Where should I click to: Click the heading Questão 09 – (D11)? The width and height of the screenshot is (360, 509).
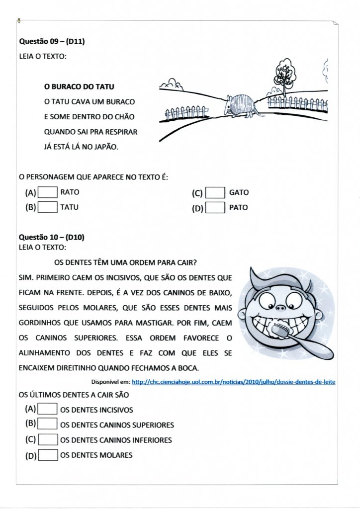52,42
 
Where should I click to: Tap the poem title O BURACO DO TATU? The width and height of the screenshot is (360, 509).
79,87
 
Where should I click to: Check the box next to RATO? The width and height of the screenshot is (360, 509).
48,192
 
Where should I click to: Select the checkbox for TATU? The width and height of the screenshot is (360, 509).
48,207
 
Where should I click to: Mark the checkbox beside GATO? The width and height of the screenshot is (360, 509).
215,192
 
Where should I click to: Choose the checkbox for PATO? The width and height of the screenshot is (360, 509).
215,208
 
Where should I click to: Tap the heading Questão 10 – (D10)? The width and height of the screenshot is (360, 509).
52,238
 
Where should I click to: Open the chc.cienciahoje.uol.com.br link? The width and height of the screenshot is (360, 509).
234,382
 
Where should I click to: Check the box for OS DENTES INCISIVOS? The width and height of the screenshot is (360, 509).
48,409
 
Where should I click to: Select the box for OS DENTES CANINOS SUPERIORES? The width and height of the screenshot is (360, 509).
48,424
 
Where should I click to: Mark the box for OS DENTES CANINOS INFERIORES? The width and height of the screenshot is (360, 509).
48,439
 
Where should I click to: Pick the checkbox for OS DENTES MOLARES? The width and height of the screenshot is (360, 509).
48,455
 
